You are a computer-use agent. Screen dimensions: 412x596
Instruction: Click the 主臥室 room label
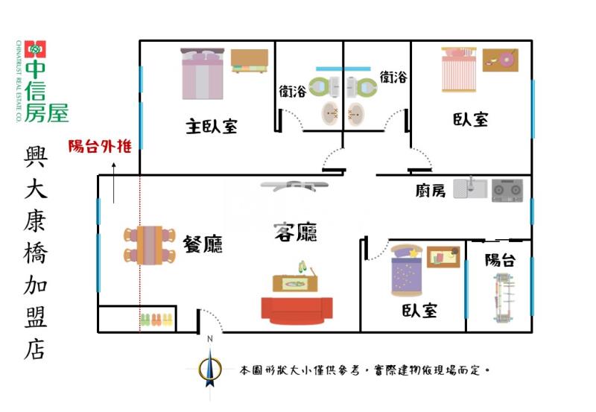[212, 126]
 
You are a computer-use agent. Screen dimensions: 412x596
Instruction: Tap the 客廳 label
[296, 232]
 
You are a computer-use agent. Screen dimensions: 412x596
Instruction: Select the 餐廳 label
[203, 244]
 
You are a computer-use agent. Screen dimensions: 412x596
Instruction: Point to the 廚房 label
[431, 191]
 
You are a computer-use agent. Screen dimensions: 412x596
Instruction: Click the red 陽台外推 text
[100, 147]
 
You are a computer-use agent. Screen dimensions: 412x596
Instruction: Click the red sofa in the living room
[297, 311]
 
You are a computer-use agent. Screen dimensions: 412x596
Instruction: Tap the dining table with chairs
[149, 245]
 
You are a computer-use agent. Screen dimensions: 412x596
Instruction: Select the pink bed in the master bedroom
[203, 74]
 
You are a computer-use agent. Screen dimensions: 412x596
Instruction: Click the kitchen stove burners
[507, 189]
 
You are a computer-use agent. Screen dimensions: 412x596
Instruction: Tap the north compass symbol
[211, 365]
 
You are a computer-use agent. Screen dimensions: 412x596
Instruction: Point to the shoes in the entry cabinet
[157, 320]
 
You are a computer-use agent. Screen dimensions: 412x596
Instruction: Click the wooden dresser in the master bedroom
[249, 61]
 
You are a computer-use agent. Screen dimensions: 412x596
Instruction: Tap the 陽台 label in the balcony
[499, 260]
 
